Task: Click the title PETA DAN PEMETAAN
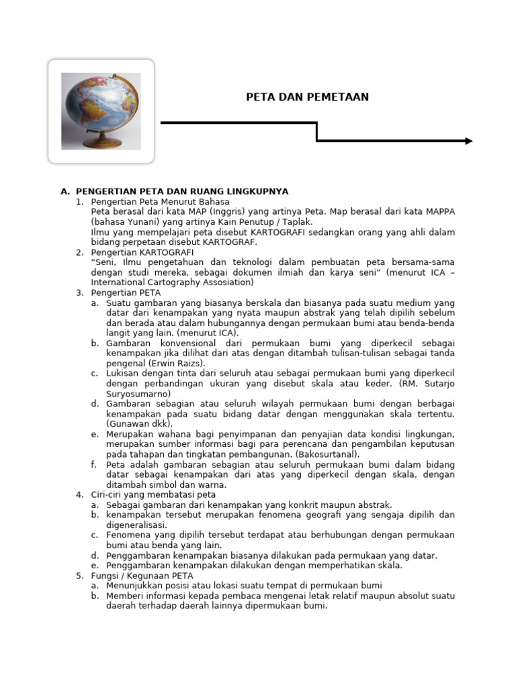[x=307, y=97]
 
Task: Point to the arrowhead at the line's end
[x=468, y=141]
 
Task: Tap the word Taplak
[x=299, y=221]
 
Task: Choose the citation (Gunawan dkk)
[x=139, y=424]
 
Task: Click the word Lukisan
[x=124, y=373]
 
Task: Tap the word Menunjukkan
[x=135, y=586]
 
